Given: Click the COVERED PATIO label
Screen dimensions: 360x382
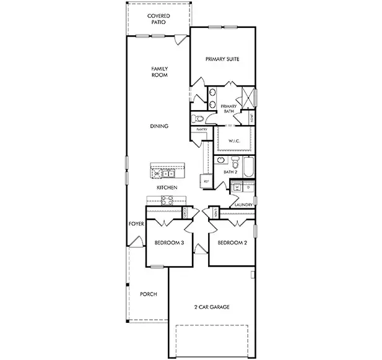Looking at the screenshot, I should click(x=159, y=19).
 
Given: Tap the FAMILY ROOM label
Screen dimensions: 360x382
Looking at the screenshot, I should click(x=160, y=72).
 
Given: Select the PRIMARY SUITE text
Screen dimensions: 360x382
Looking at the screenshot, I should click(x=222, y=59).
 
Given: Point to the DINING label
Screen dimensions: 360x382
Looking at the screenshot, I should click(x=159, y=126).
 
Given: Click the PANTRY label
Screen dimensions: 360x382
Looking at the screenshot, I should click(x=201, y=130).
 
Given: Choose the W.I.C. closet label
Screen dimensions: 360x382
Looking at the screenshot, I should click(x=234, y=140).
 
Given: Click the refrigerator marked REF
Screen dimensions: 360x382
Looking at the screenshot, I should click(x=206, y=181).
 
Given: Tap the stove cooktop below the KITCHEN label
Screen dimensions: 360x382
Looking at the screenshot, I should click(x=168, y=199).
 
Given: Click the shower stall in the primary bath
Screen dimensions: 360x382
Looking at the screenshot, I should click(x=247, y=98).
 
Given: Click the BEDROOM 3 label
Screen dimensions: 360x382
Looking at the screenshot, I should click(x=169, y=243).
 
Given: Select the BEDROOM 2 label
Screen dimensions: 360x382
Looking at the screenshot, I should click(x=232, y=243).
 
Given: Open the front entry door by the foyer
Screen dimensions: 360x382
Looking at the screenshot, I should click(x=139, y=242).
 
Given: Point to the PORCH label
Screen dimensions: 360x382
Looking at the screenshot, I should click(x=148, y=294).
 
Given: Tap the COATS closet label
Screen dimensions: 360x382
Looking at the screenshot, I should click(x=186, y=212).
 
